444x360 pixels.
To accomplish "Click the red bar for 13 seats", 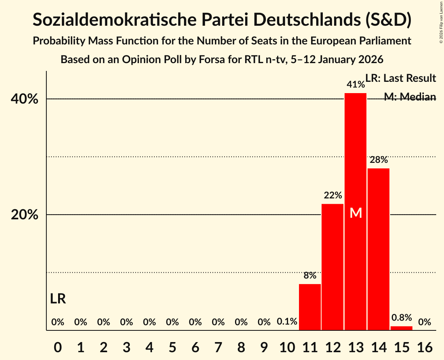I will tap(356, 156).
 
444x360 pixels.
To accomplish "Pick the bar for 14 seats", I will tap(379, 249).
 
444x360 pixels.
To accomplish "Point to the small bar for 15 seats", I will tap(402, 328).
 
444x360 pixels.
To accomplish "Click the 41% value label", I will tap(356, 85).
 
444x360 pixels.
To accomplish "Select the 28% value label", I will tap(379, 160).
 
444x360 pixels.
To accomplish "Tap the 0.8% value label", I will tap(402, 318).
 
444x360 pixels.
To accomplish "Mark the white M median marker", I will tap(356, 213).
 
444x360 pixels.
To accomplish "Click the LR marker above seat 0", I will tap(58, 299).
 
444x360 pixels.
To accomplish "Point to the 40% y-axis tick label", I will tap(25, 99).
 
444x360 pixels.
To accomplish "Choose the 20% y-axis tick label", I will tap(25, 215).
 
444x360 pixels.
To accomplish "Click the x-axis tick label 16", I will tap(425, 346).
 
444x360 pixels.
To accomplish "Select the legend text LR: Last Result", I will tap(400, 78).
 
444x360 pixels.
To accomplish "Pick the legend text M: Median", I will tap(410, 97).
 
